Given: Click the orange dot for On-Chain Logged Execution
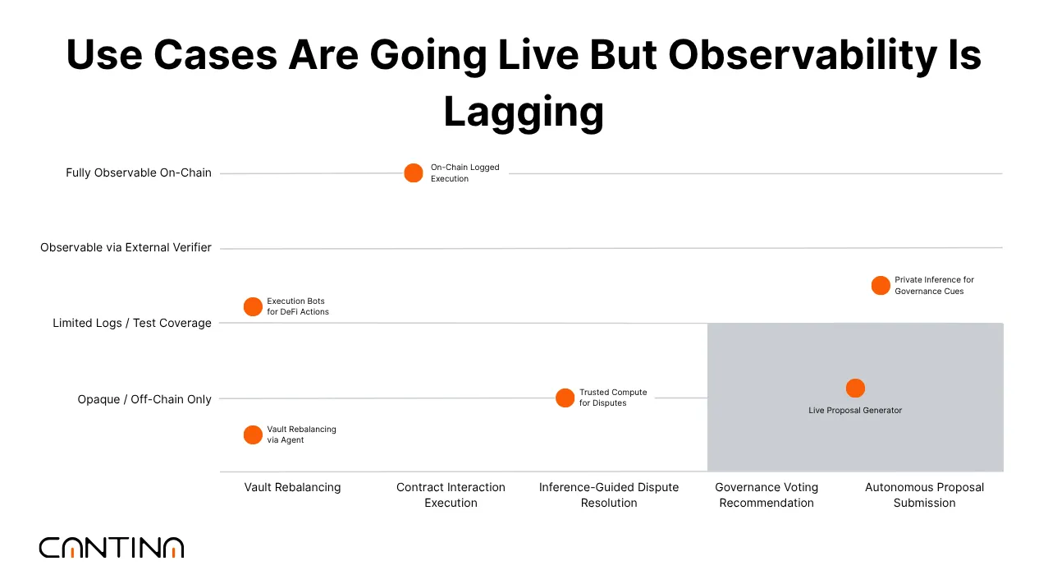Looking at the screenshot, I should click(414, 173).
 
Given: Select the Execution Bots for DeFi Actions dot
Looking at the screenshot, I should click(253, 307).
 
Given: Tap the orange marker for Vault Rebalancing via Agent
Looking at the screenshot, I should click(253, 435).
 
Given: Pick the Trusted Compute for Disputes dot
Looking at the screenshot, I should click(565, 398).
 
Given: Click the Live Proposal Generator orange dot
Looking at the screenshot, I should click(855, 389).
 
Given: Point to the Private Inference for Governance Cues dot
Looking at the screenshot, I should click(881, 286).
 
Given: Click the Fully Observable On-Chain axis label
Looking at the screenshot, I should click(139, 173).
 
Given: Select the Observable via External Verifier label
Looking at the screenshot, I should click(126, 247).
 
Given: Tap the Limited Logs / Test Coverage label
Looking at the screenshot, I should click(132, 324).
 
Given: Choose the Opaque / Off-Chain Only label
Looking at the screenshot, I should click(144, 399).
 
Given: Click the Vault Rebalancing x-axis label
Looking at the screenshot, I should click(292, 487).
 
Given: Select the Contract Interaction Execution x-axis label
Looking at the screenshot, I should click(451, 494).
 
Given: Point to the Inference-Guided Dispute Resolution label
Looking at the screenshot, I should click(609, 494).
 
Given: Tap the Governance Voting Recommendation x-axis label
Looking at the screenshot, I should click(767, 494).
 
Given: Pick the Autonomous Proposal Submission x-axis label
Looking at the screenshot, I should click(924, 494).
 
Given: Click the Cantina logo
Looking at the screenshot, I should click(112, 548).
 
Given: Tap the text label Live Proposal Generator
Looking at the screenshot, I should click(855, 411).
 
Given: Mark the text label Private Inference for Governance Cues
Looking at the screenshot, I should click(934, 286).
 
